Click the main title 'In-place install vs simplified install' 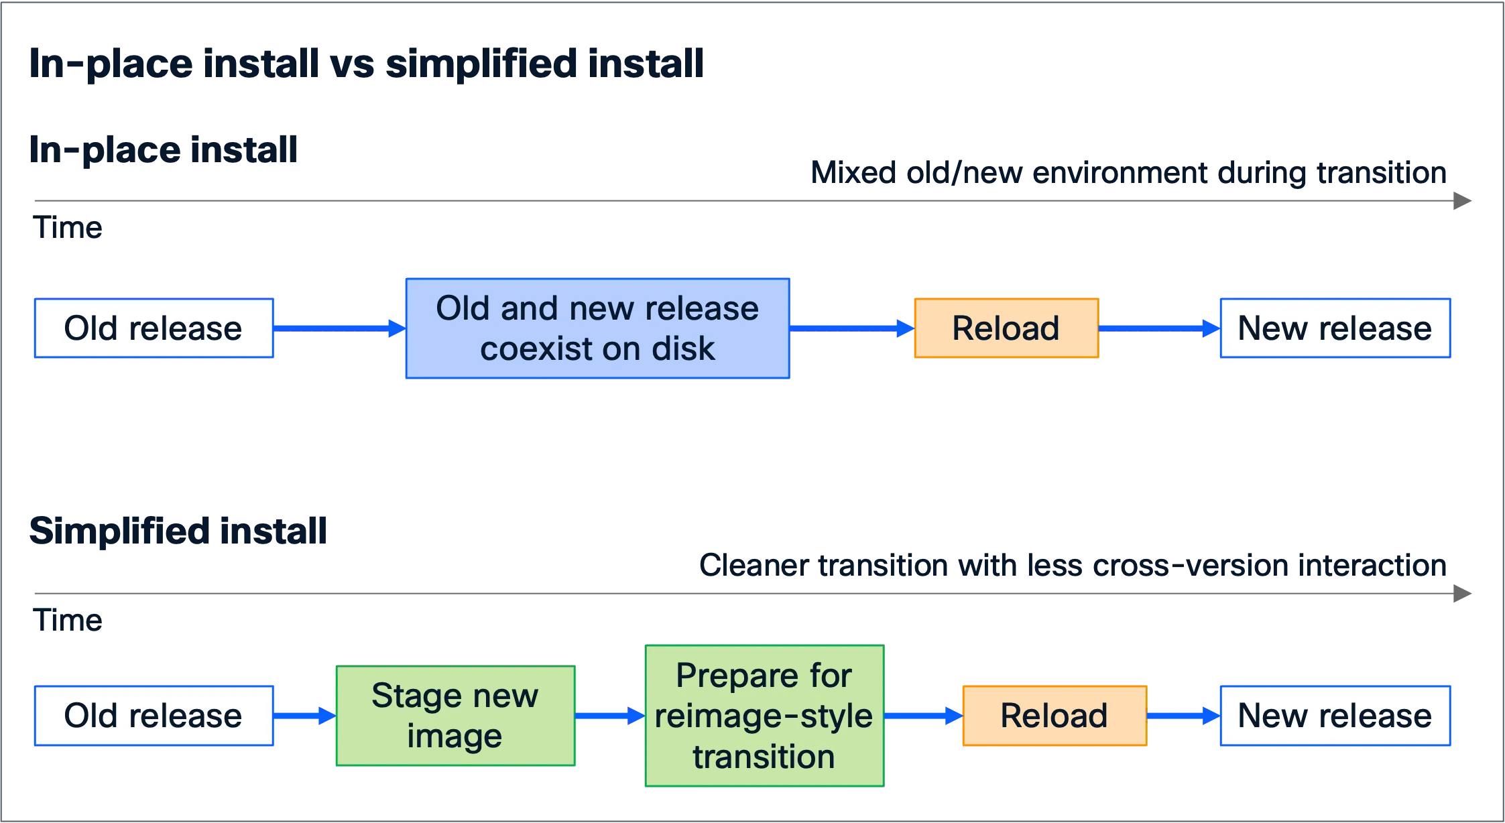(366, 64)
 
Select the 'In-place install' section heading (163, 149)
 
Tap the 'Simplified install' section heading (178, 531)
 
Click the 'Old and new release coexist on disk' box (597, 328)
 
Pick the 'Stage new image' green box (455, 716)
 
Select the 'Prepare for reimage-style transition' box (764, 716)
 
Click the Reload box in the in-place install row (1006, 328)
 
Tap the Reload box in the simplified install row (1055, 716)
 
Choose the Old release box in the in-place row (154, 328)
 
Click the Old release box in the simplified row (154, 716)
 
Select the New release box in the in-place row (1335, 328)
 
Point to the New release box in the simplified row (1335, 716)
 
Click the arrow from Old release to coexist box (340, 328)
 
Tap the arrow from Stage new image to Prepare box (610, 716)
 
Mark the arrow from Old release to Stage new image (305, 716)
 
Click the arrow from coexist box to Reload (852, 328)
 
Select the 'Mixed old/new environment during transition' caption (1128, 173)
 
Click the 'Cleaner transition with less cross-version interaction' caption (1073, 566)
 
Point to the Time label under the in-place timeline (68, 228)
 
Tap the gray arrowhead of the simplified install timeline (1462, 594)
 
